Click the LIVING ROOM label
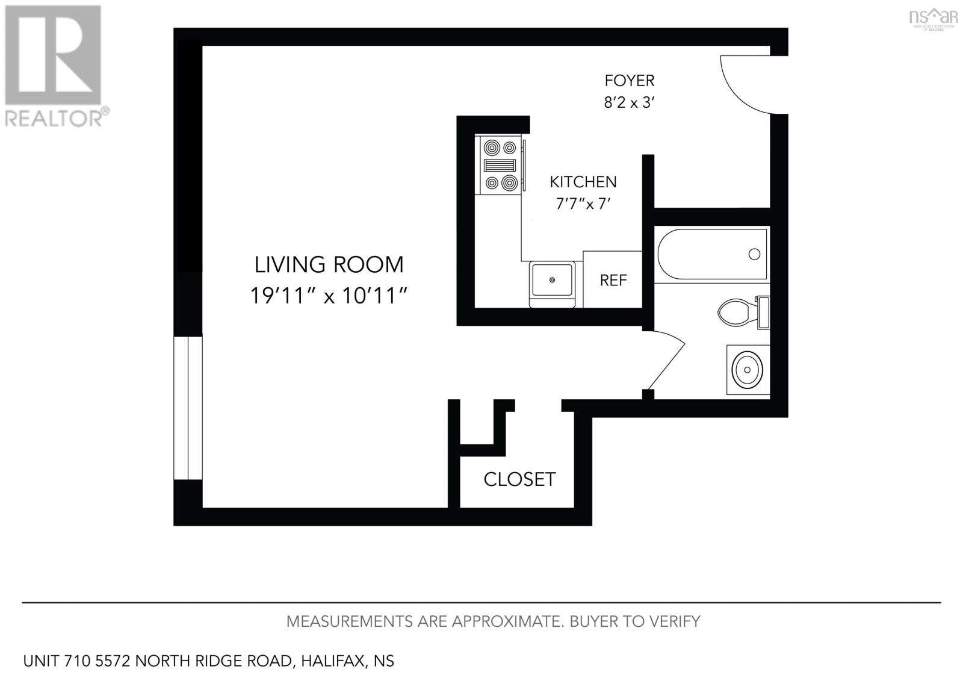(329, 264)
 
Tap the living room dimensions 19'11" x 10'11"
(329, 296)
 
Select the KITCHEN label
(583, 182)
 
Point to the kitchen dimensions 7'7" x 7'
(583, 204)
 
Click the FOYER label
(629, 81)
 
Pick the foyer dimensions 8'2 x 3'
(629, 102)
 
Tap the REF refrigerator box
(613, 280)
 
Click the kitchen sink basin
(551, 280)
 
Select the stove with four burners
(500, 165)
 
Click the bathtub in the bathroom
(713, 254)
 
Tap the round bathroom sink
(747, 368)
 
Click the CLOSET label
(519, 479)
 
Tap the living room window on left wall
(188, 408)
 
